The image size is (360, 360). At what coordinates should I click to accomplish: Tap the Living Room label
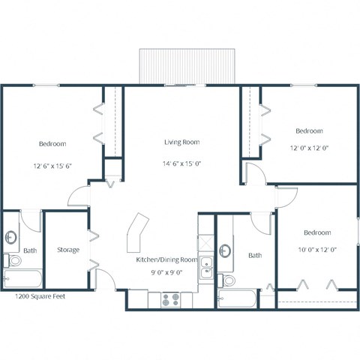click(x=181, y=142)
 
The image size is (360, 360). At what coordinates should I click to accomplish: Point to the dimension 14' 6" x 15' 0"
click(x=181, y=163)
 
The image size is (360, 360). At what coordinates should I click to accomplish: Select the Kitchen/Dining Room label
click(x=166, y=259)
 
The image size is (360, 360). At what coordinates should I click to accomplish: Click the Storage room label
click(x=69, y=250)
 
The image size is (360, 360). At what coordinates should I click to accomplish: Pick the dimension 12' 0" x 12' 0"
click(x=309, y=148)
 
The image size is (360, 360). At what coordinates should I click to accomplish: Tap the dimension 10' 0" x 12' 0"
click(x=317, y=249)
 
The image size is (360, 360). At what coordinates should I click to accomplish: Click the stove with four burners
click(x=171, y=298)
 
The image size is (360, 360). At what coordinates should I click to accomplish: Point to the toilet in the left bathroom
click(x=13, y=261)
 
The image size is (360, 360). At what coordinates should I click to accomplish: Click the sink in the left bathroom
click(x=12, y=238)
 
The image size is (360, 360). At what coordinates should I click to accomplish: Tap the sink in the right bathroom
click(x=226, y=250)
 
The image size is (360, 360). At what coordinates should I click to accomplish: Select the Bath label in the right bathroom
click(x=255, y=256)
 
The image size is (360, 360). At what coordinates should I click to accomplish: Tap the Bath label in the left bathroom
click(x=29, y=250)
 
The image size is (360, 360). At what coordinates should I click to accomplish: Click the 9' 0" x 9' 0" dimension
click(x=166, y=273)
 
